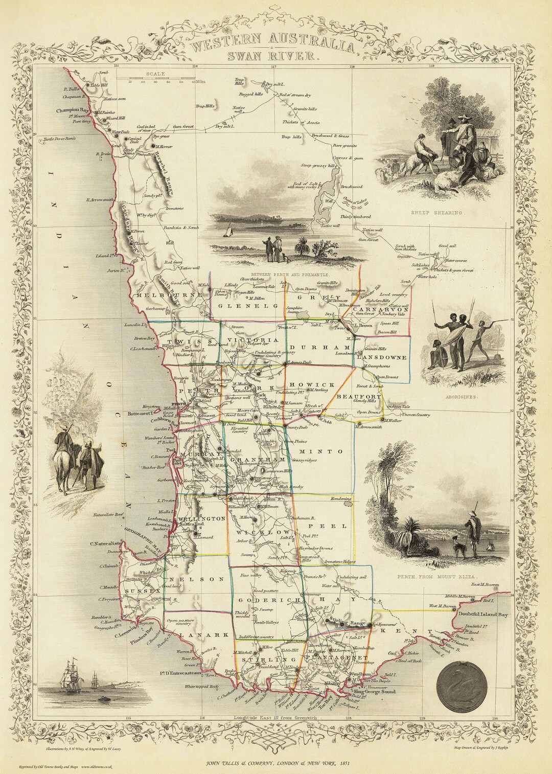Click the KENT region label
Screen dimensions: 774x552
pos(402,631)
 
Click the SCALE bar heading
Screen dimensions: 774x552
pos(155,74)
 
